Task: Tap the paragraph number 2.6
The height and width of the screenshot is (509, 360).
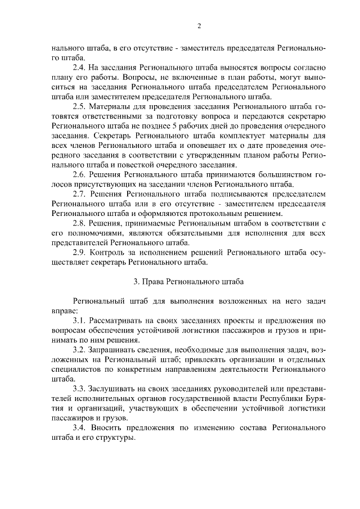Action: [80, 175]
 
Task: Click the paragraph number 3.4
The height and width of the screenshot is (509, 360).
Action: [80, 427]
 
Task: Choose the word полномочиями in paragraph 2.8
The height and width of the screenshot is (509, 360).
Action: [93, 233]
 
